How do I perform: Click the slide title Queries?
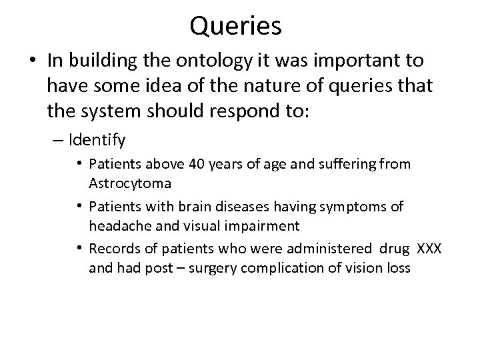(x=235, y=26)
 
